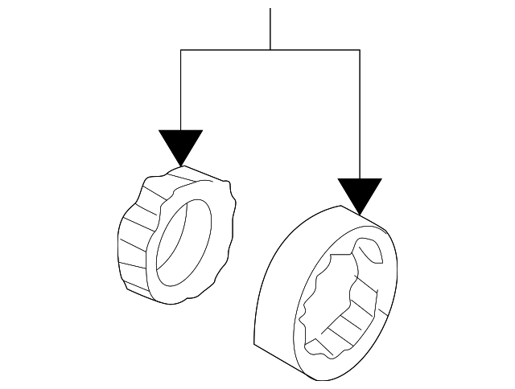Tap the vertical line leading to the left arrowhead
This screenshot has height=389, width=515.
click(x=181, y=88)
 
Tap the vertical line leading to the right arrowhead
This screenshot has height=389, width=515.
click(x=360, y=113)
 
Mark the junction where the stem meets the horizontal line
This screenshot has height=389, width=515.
click(x=270, y=50)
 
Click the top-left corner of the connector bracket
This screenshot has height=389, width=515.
click(x=181, y=50)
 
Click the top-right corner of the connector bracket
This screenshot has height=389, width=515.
click(x=360, y=50)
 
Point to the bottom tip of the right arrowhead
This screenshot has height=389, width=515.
click(x=360, y=215)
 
